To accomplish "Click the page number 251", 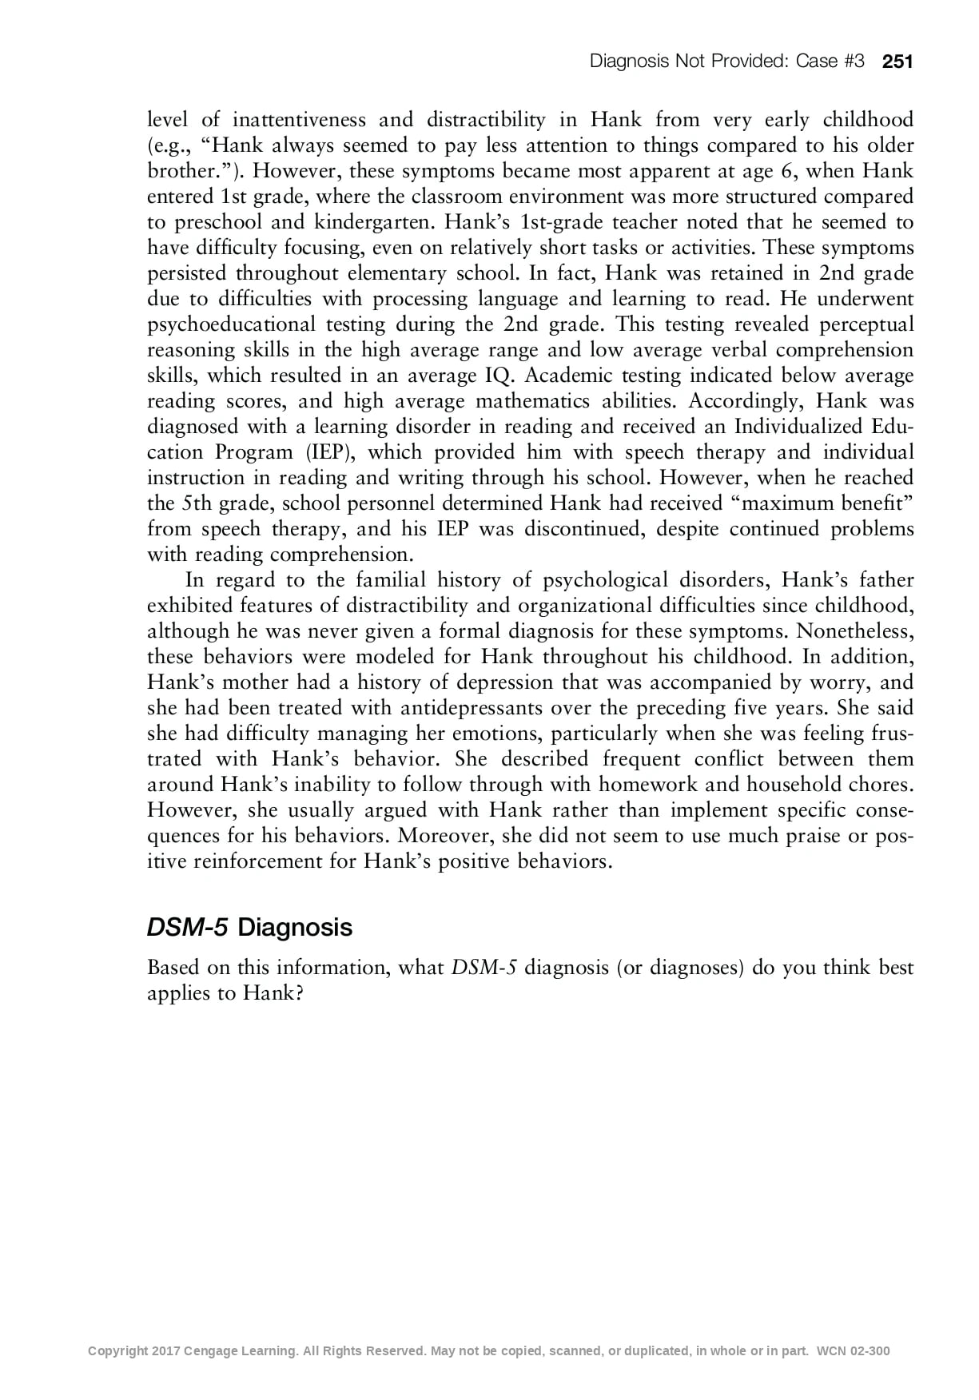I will [897, 62].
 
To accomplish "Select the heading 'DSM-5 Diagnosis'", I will [249, 928].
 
